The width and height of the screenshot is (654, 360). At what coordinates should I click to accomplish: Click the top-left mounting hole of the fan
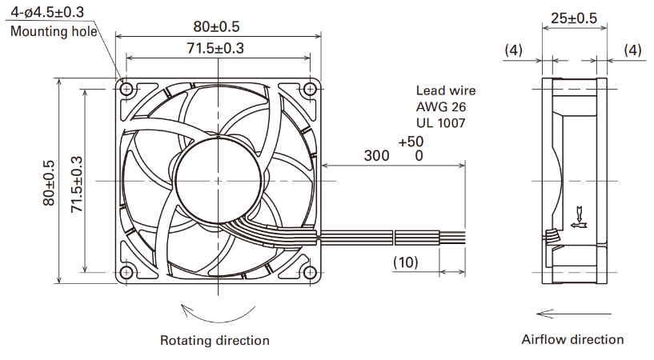126,89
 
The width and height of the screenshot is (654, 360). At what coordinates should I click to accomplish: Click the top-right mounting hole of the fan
310,89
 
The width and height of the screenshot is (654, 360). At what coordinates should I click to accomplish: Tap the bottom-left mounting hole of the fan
126,273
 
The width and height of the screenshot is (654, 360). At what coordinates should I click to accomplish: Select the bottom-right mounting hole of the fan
310,273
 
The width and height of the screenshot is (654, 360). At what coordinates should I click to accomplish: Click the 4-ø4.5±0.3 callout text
47,12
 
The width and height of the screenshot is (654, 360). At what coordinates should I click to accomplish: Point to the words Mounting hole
54,31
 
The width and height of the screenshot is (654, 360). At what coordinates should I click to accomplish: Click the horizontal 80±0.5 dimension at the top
216,26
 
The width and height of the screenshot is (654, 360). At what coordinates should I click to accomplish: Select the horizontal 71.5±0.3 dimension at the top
215,48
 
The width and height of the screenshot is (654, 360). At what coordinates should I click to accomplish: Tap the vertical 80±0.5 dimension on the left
48,183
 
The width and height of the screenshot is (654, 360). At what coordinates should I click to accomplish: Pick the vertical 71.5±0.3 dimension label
77,185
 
